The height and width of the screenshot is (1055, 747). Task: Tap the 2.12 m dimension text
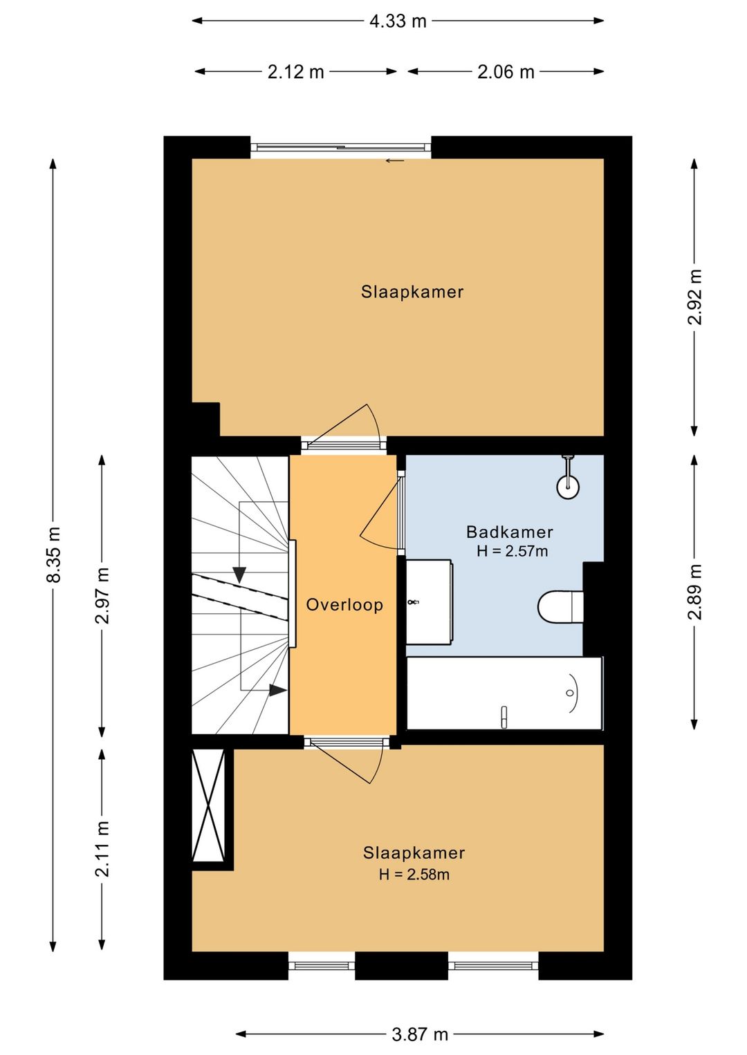(x=295, y=72)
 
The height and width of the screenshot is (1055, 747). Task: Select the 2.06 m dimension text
(x=505, y=72)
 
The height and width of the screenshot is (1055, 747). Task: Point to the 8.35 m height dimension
(x=53, y=554)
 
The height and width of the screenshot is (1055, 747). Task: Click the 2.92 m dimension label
(x=694, y=297)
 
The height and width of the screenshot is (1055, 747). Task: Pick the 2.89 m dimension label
(x=694, y=592)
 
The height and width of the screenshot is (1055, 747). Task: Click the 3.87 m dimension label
(x=419, y=1035)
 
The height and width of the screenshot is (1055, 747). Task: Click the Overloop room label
(x=344, y=605)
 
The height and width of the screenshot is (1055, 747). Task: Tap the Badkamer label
(x=509, y=532)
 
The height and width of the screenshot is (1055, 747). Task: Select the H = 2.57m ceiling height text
(x=512, y=550)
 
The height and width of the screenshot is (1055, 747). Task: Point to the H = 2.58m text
(x=414, y=875)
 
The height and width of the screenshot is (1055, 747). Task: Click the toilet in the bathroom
(x=560, y=608)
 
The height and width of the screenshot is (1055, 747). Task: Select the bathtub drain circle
(x=570, y=693)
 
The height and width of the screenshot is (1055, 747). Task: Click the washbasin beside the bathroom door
(x=429, y=602)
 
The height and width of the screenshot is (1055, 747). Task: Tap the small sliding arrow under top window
(x=395, y=161)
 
